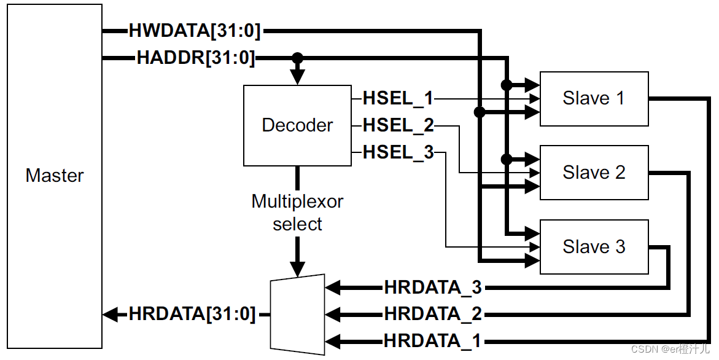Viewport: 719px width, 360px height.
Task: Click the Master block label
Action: (54, 176)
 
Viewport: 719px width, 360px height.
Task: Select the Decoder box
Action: (297, 125)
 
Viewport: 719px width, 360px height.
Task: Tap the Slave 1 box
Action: (594, 98)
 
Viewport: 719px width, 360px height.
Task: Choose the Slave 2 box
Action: (594, 173)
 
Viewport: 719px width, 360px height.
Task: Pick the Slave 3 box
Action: (594, 247)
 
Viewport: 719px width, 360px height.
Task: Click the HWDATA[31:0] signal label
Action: (195, 31)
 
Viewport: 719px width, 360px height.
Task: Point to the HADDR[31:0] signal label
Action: (195, 58)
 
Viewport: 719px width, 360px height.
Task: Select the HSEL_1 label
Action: (398, 98)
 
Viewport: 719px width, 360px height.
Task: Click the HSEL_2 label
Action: (398, 125)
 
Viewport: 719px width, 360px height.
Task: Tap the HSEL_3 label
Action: (398, 152)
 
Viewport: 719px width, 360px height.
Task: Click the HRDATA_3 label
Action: (433, 288)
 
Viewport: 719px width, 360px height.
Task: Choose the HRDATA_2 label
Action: (433, 315)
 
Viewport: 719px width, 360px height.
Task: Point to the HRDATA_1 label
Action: (433, 341)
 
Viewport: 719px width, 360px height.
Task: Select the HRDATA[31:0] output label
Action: (192, 315)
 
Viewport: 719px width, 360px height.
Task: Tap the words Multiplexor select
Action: (297, 213)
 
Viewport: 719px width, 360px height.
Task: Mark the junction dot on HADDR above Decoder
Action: (297, 58)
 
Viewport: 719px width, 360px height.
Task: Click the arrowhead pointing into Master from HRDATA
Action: (110, 315)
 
